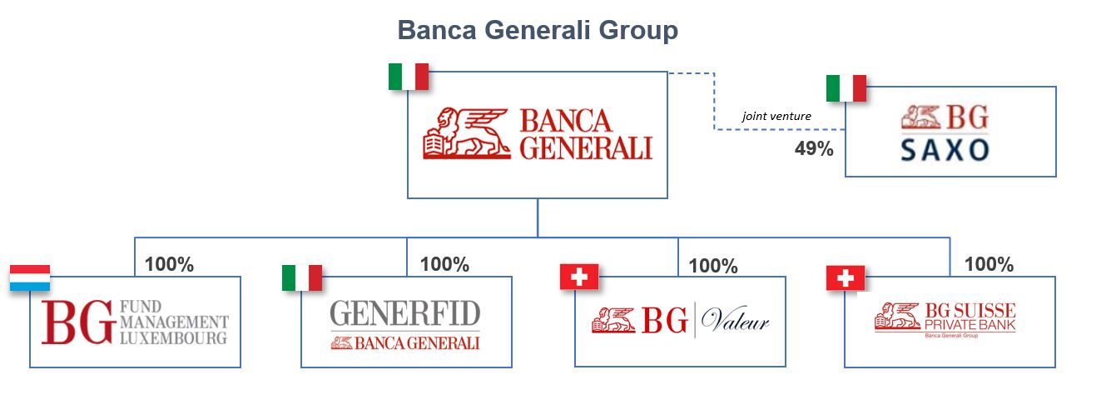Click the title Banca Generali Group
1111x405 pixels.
point(538,31)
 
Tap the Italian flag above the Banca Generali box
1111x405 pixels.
point(408,77)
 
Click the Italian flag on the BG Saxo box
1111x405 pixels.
point(846,88)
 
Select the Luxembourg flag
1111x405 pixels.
point(30,278)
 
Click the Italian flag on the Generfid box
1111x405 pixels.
point(302,277)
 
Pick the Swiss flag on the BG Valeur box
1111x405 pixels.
point(579,277)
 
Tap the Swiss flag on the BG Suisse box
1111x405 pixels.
point(846,278)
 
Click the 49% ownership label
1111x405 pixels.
point(813,149)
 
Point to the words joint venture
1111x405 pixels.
point(776,117)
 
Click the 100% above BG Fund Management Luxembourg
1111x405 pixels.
point(169,265)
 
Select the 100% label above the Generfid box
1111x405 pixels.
point(444,265)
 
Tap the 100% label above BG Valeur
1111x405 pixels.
point(713,267)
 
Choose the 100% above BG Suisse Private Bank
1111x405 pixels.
point(989,265)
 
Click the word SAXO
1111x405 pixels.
point(945,150)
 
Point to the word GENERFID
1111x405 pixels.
point(405,313)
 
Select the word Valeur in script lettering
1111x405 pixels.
point(735,322)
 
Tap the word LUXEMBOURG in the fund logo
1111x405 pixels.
point(173,339)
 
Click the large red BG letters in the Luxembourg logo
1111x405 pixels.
point(77,322)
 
